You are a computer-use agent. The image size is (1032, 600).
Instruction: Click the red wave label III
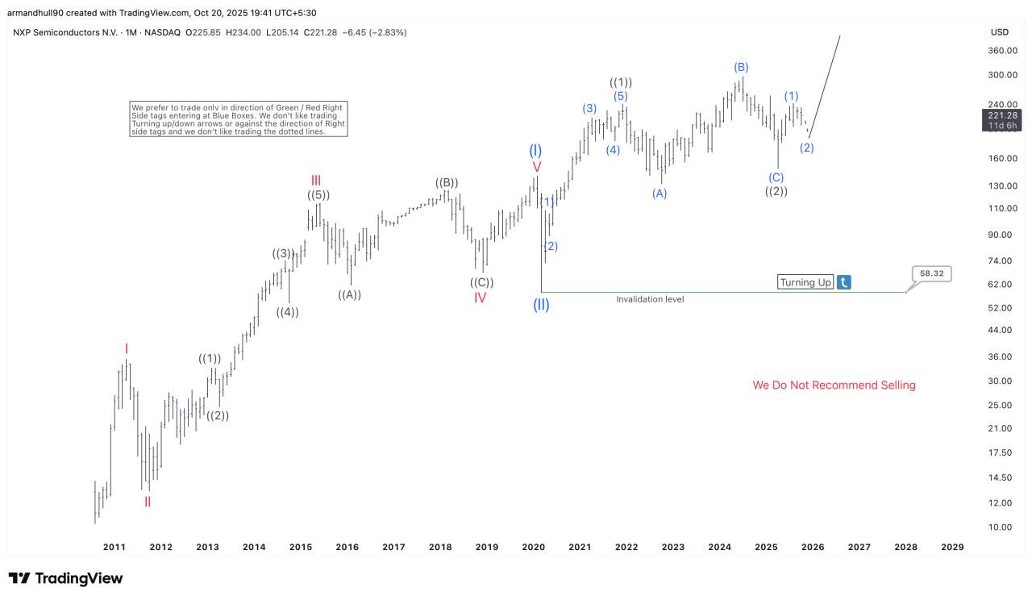[x=316, y=180]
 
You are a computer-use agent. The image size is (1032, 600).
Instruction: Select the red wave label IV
[x=480, y=298]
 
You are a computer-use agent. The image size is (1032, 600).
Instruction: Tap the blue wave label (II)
[x=541, y=306]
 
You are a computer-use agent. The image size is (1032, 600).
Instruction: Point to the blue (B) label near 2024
[x=741, y=67]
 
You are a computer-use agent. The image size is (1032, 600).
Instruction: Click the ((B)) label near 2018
[x=447, y=183]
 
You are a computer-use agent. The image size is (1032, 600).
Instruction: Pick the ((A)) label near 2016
[x=349, y=295]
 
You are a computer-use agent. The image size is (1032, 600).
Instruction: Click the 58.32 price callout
[x=931, y=273]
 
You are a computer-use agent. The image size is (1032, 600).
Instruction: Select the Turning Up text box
[x=805, y=282]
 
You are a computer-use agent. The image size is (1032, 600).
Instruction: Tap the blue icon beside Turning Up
[x=843, y=282]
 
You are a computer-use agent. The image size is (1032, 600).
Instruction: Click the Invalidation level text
[x=650, y=299]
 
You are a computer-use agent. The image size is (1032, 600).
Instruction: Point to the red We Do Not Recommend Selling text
[x=834, y=385]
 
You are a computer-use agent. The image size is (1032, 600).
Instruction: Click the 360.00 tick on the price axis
[x=1003, y=51]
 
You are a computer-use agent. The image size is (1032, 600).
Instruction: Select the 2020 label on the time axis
[x=533, y=547]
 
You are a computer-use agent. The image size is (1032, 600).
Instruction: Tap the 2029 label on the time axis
[x=952, y=547]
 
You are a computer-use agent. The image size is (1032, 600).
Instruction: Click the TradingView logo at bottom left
[x=66, y=578]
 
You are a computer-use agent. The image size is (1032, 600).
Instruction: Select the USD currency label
[x=1000, y=32]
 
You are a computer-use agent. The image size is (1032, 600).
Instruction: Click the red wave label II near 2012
[x=148, y=502]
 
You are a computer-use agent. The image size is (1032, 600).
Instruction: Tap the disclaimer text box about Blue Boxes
[x=239, y=119]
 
